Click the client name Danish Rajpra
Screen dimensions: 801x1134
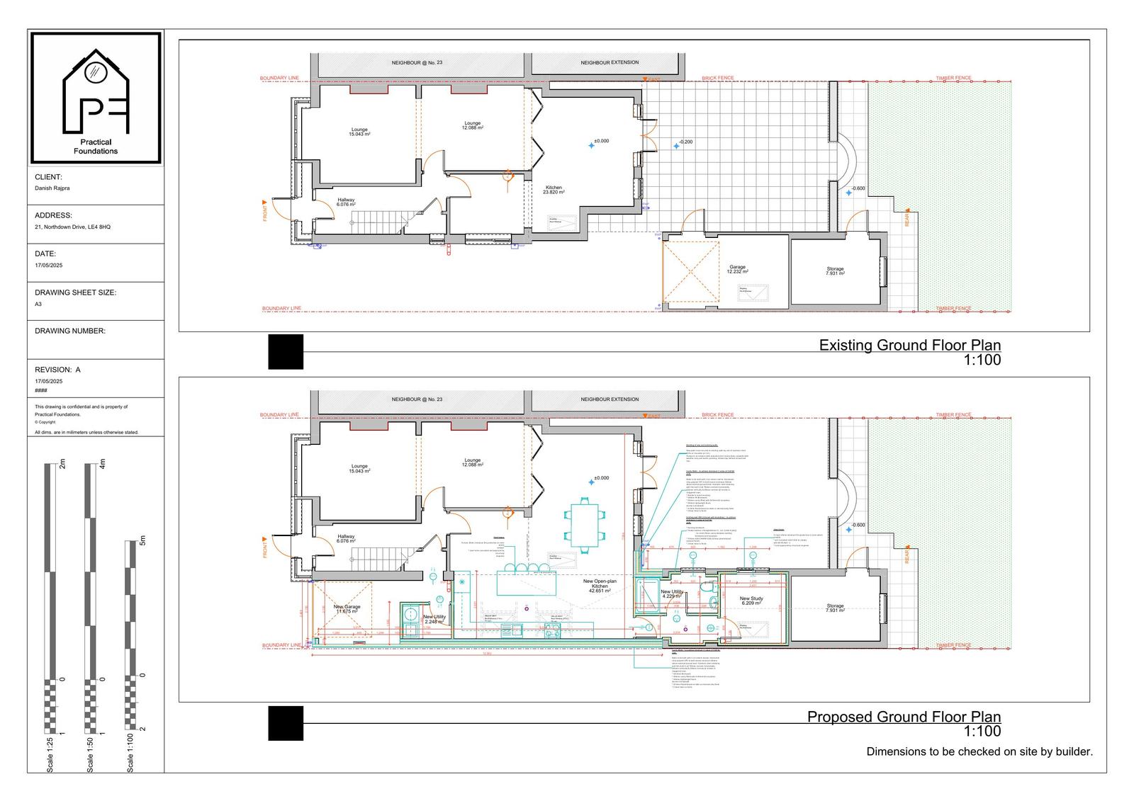pos(52,188)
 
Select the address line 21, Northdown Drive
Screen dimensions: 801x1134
pos(72,227)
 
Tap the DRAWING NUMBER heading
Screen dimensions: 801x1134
pos(69,331)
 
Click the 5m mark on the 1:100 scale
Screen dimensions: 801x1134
pos(142,542)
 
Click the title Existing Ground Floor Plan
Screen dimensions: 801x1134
pos(909,346)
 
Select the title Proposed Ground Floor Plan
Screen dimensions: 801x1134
pos(904,717)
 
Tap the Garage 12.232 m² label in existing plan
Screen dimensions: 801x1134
pos(737,269)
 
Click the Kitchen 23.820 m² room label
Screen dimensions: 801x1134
pos(554,190)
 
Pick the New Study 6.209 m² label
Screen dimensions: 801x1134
pos(751,601)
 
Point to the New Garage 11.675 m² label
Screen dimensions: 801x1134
pos(347,608)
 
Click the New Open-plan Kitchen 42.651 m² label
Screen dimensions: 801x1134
pos(600,585)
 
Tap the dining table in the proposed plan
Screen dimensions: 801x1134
pos(585,525)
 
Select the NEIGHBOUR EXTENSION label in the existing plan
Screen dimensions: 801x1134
pos(610,63)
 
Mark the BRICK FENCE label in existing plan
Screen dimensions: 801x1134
pos(717,78)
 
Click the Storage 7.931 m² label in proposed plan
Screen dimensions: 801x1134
pos(835,608)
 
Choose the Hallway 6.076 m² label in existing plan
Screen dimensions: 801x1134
pos(346,202)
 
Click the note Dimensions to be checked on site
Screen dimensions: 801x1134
pos(979,751)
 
